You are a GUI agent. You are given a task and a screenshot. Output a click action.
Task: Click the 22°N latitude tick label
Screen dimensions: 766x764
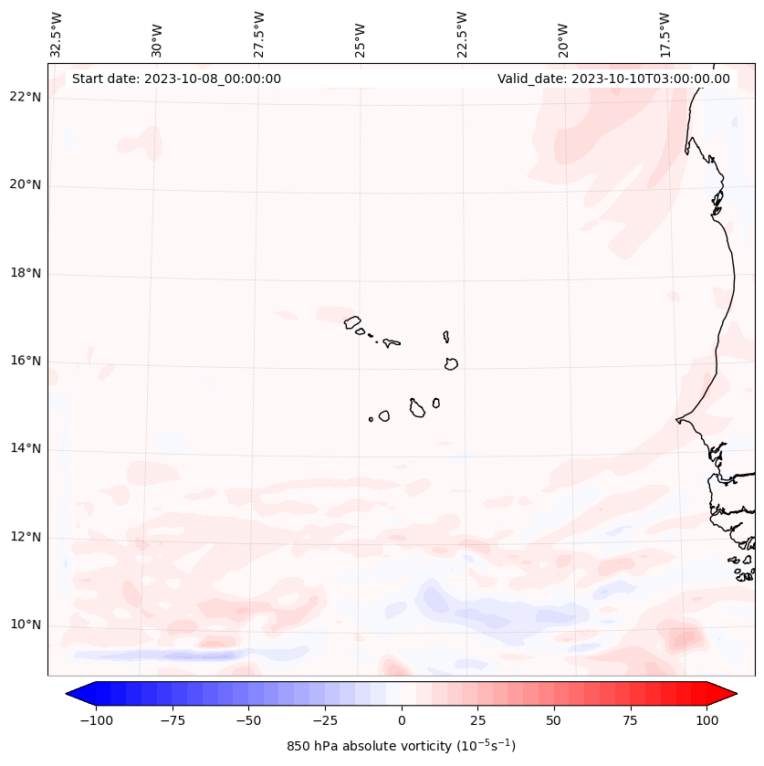coord(26,97)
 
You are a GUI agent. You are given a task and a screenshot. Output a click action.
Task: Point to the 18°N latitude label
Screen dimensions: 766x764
coord(26,273)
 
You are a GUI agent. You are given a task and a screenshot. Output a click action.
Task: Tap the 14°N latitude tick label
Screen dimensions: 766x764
coord(26,448)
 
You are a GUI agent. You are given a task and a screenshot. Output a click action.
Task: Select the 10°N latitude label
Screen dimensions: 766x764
coord(26,624)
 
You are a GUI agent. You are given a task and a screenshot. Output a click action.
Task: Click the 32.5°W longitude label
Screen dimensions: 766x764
coord(57,35)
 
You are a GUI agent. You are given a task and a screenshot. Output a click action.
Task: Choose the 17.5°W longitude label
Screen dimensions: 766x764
coord(665,35)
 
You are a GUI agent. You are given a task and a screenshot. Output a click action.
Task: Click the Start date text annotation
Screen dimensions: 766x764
coord(176,79)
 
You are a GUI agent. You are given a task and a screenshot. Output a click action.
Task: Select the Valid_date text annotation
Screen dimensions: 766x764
coord(613,79)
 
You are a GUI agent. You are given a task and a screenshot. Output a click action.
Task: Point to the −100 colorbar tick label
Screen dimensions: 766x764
coord(96,720)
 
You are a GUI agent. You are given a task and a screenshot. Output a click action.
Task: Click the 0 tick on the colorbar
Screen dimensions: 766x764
coord(401,720)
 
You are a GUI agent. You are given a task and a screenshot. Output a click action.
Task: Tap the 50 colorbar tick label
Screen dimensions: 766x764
coord(553,720)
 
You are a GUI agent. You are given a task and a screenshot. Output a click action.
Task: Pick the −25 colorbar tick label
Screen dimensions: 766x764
coord(324,720)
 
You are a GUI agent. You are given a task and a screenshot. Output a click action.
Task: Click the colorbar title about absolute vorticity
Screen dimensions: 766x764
coord(401,746)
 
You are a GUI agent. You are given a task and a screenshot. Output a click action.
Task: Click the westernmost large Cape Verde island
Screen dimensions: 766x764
coord(352,321)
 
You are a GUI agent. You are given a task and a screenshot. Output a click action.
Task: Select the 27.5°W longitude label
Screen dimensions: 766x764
coord(259,35)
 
